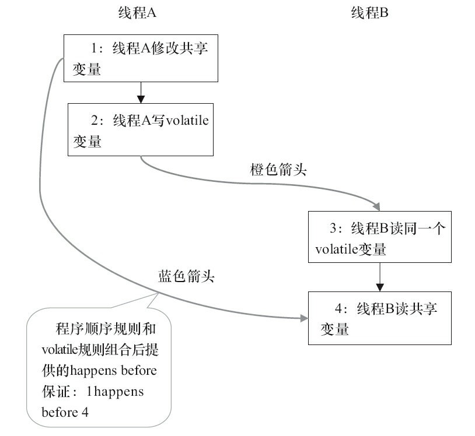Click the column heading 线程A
[139, 13]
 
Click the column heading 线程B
[369, 13]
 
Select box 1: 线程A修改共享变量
[141, 58]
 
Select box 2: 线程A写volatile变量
[141, 130]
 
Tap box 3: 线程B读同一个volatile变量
[380, 237]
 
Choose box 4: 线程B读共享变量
[380, 318]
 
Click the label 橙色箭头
[278, 171]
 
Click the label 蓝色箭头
[186, 276]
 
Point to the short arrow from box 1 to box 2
[141, 92]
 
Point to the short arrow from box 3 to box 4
[380, 276]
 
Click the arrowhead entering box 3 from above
[376, 206]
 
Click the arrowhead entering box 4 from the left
[303, 318]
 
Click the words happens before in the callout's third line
[122, 370]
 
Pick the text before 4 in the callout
[65, 412]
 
